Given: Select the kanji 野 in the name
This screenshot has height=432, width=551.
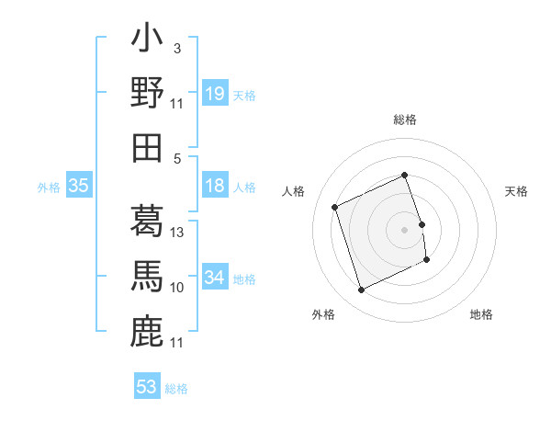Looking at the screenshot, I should point(147,93).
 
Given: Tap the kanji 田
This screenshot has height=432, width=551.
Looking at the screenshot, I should point(147,146).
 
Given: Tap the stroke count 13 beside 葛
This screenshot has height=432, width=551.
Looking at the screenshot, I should point(178,233).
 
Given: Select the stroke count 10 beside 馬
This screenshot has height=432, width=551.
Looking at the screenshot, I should point(178,288).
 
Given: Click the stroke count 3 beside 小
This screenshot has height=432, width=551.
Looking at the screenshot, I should point(176,48).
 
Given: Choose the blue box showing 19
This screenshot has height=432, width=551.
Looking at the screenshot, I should point(215,93).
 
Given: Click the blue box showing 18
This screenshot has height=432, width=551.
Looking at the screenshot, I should point(215,187).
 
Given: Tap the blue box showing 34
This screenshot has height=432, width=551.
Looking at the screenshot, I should point(215,278).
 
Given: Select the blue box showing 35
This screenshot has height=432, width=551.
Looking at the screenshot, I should point(79,187).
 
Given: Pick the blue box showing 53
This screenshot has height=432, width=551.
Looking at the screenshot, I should point(147,387).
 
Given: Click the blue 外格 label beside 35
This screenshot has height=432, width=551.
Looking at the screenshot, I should point(49,188).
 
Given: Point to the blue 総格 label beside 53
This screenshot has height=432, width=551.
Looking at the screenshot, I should point(176,389).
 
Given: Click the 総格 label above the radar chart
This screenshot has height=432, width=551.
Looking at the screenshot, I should point(405,119).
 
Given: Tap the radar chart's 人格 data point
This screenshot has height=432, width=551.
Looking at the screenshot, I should point(336,207).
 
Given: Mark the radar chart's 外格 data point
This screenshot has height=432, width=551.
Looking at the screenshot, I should point(361,290).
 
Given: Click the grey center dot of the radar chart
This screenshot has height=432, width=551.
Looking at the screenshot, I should point(405,229).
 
